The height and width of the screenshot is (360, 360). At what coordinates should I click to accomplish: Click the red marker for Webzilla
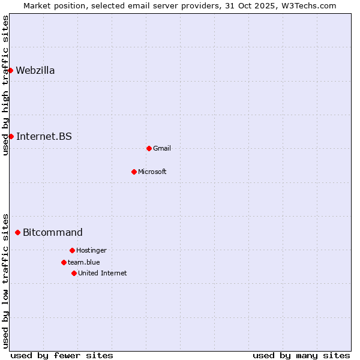click(10, 71)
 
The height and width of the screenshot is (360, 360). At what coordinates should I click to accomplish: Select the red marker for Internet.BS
click(11, 136)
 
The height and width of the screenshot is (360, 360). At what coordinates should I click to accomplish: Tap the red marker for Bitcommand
click(17, 232)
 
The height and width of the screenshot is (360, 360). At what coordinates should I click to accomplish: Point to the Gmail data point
click(149, 148)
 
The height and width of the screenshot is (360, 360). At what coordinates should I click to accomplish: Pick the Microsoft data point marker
click(134, 172)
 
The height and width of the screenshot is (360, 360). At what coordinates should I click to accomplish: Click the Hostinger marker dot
click(72, 250)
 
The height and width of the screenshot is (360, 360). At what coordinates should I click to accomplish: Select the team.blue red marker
click(64, 262)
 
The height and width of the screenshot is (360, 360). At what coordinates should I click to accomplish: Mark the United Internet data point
click(74, 273)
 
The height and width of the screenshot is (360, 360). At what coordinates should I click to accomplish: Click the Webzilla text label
click(35, 71)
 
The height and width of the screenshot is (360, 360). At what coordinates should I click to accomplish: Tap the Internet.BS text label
click(44, 136)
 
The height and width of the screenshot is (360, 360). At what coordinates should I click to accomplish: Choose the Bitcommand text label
click(53, 232)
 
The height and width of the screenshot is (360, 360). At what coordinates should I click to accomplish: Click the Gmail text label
click(162, 148)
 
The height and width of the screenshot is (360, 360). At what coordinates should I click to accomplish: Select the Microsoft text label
click(152, 172)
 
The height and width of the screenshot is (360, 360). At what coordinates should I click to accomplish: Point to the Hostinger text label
click(91, 250)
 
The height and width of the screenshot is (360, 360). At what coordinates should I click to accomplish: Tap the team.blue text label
click(84, 262)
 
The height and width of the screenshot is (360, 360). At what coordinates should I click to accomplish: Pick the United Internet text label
click(103, 273)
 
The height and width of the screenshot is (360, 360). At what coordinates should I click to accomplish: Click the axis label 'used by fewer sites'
click(62, 355)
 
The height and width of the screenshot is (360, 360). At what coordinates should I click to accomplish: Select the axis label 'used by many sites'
click(301, 355)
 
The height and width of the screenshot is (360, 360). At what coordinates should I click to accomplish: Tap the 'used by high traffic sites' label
click(5, 85)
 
